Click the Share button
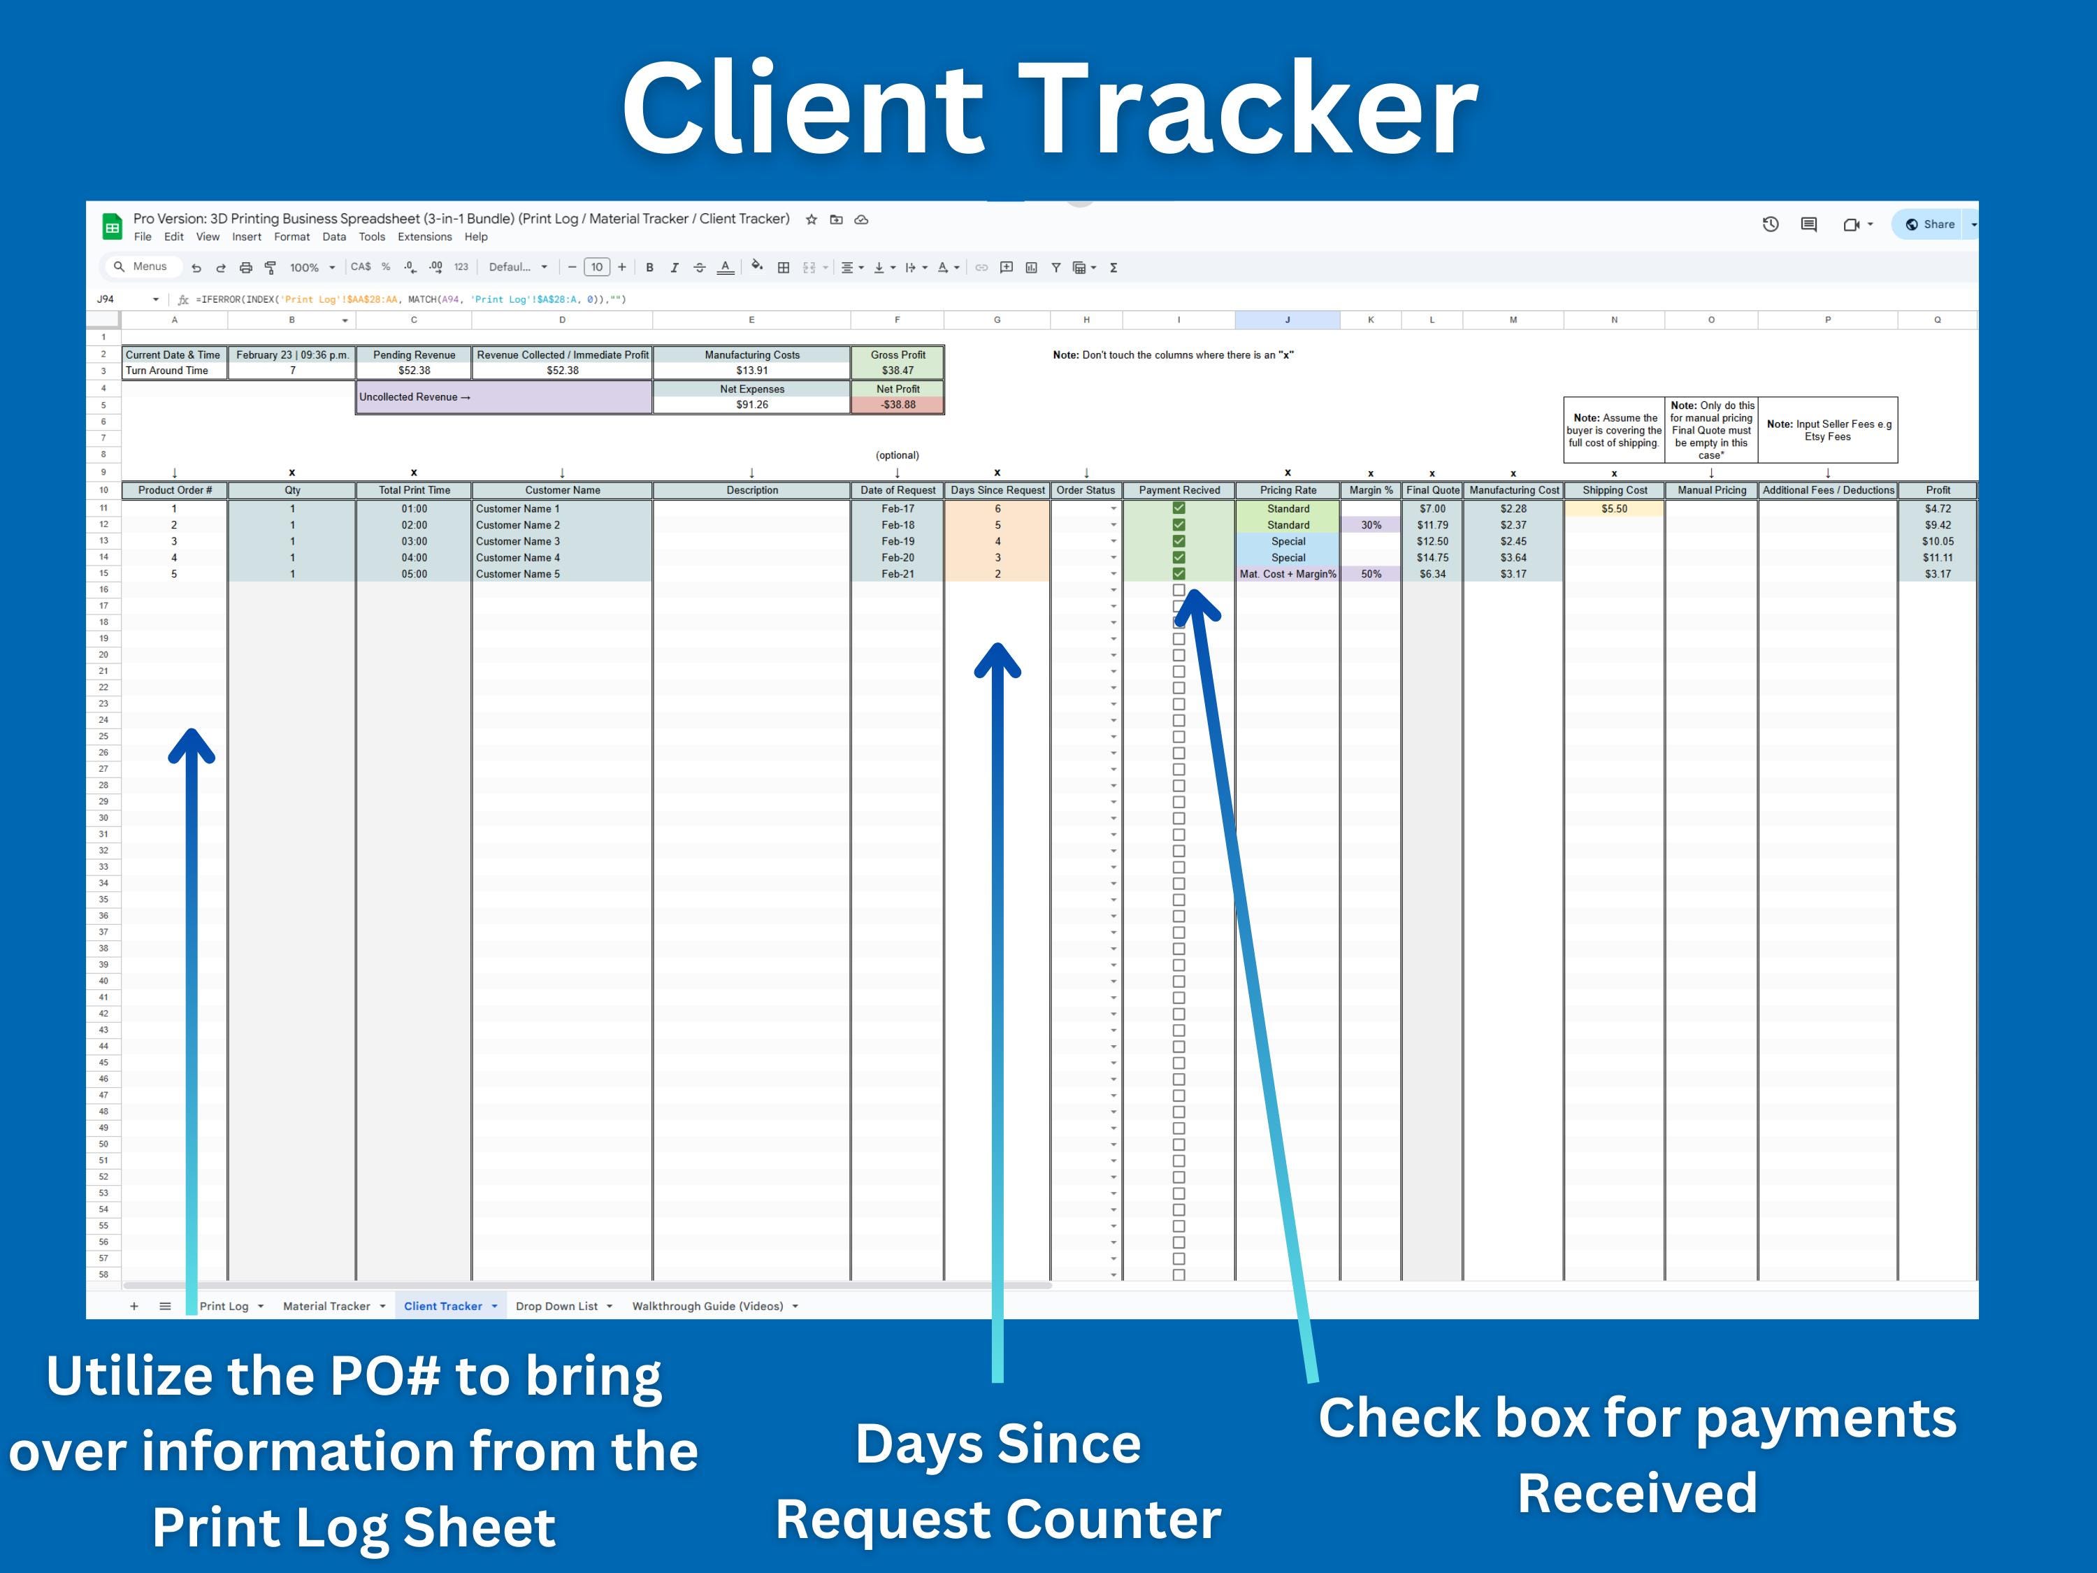pos(1930,224)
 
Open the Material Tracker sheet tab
pos(326,1306)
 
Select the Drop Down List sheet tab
pos(556,1306)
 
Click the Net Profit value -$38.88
pos(898,405)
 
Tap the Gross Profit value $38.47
pos(898,371)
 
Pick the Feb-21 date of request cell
pos(898,574)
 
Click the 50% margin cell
pos(1371,574)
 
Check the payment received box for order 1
pos(1179,508)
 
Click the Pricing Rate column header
pos(1288,490)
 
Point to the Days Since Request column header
pos(997,490)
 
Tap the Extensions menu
pos(424,237)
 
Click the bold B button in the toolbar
pos(649,267)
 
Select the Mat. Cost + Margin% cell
pos(1288,574)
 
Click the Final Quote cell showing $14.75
pos(1432,557)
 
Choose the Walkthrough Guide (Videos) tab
pos(708,1306)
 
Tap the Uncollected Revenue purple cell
pos(503,397)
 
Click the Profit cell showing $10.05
pos(1937,541)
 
